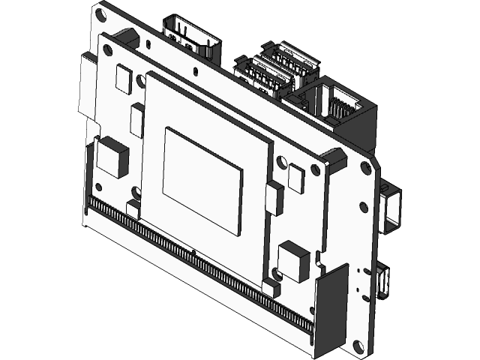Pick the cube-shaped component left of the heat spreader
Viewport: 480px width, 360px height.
[x=113, y=156]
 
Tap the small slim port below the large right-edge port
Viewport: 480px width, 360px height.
[x=385, y=280]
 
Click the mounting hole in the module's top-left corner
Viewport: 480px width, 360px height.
[x=108, y=49]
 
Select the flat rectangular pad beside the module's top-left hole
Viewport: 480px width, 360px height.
[x=123, y=79]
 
